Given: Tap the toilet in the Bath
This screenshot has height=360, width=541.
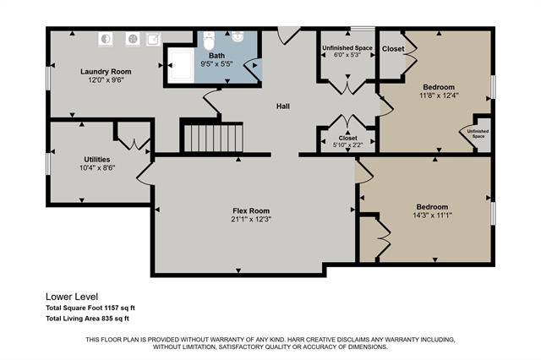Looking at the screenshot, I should (x=238, y=37).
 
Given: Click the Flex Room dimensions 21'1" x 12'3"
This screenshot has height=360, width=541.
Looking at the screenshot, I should (x=252, y=220).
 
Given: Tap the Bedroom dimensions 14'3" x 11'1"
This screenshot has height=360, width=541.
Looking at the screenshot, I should (x=431, y=215).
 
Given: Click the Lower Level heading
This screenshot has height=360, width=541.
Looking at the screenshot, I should (x=72, y=297).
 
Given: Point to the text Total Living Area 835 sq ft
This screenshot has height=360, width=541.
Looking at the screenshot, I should (x=86, y=319).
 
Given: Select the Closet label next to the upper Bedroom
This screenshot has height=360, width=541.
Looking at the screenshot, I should (x=393, y=49).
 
